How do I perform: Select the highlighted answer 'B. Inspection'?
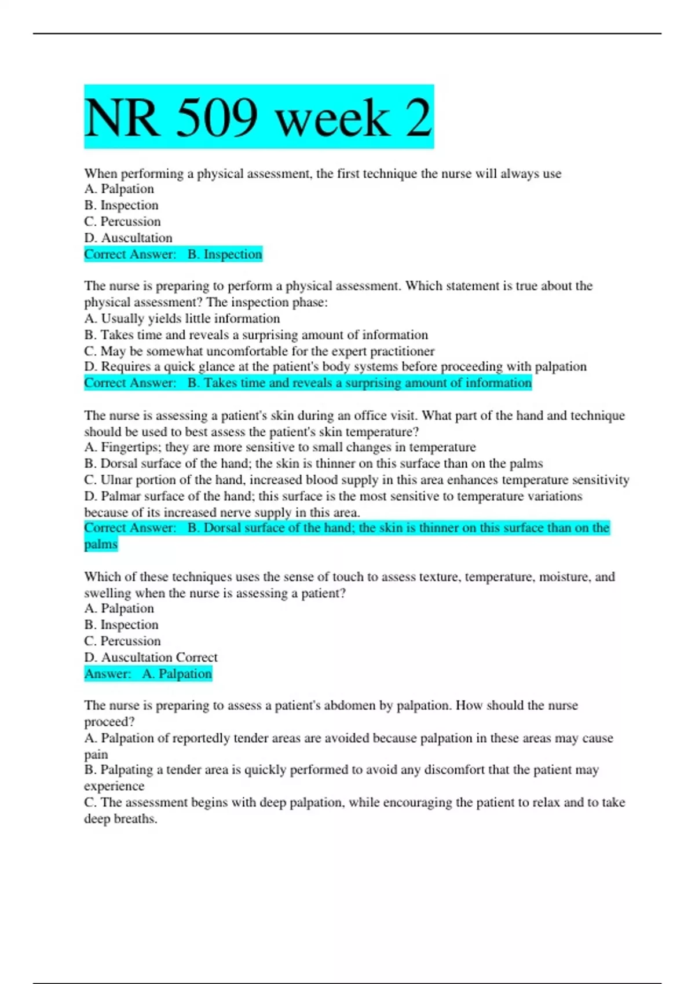pos(225,254)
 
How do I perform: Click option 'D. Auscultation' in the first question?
pos(129,238)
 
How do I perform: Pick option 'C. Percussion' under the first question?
pos(123,222)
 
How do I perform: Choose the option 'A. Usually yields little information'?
pos(182,318)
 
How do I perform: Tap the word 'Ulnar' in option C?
pos(117,480)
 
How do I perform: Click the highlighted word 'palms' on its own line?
pos(101,544)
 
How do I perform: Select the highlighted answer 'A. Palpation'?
pos(177,674)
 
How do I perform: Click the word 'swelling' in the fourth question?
pos(107,593)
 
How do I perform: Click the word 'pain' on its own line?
pos(96,755)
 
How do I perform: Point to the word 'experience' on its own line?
pos(114,786)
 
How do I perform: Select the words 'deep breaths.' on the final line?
pos(120,819)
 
